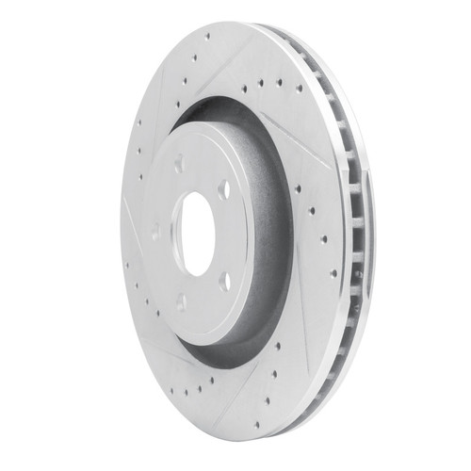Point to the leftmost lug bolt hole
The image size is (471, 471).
point(155,232)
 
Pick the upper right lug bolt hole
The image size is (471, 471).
point(224,188)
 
